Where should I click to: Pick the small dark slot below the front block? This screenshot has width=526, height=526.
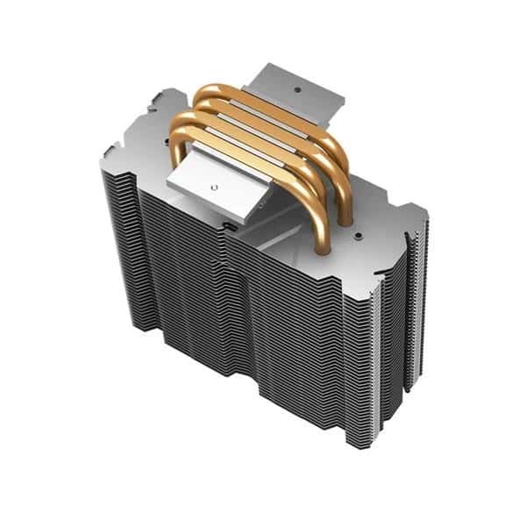[230, 224]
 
